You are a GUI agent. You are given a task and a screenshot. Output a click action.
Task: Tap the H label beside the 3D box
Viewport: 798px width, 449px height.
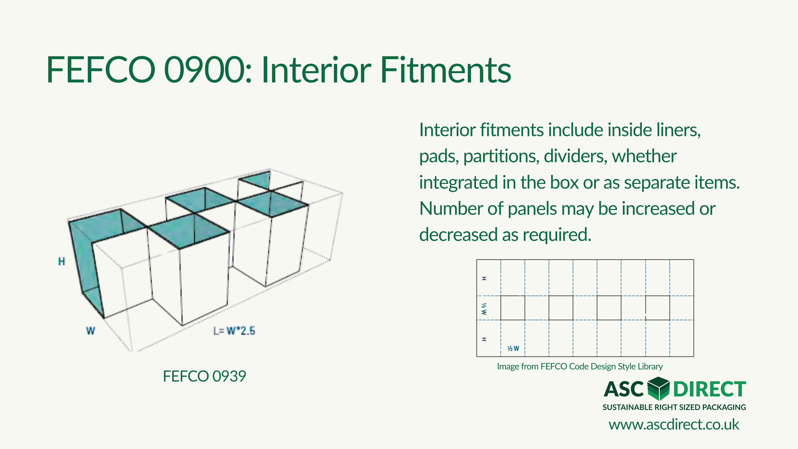coord(62,262)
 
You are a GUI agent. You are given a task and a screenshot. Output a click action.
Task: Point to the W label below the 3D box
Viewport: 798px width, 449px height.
coord(90,331)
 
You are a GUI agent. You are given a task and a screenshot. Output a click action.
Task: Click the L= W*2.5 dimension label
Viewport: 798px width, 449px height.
coord(234,331)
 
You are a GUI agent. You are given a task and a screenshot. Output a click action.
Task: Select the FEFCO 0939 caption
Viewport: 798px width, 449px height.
coord(204,376)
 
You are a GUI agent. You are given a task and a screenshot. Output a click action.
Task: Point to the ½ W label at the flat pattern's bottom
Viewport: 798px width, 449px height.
coord(513,349)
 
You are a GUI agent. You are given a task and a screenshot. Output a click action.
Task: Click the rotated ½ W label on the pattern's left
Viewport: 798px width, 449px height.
coord(484,309)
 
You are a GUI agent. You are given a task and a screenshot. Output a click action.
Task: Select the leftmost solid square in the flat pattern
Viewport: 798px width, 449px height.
coord(513,308)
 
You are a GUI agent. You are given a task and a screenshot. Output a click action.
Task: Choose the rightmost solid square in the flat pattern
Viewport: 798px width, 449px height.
coord(658,308)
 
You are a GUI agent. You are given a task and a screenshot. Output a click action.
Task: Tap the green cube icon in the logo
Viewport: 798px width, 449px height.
coord(659,389)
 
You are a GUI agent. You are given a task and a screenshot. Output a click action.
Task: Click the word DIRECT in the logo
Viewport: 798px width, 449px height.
coord(709,389)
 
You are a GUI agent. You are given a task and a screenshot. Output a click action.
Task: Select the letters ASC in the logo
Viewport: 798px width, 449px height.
coord(624,389)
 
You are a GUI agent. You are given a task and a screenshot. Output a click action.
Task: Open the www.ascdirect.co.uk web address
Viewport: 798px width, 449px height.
coord(674,425)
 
